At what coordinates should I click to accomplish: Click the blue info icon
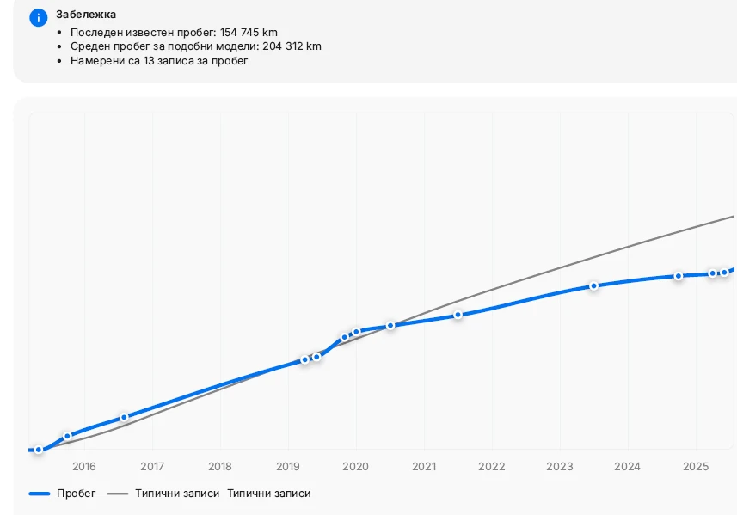(38, 18)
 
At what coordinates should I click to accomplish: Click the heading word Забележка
(86, 15)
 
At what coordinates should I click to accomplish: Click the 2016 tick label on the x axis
(84, 467)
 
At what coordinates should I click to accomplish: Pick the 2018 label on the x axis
(220, 467)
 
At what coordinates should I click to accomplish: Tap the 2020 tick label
(356, 467)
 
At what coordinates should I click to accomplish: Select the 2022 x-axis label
(492, 467)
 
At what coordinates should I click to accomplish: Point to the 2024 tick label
(628, 467)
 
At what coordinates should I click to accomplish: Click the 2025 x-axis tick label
(695, 467)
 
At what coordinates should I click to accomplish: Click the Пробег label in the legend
(77, 494)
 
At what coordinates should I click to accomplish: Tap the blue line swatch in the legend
(40, 494)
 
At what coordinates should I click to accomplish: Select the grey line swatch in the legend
(118, 494)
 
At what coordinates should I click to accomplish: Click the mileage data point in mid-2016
(124, 417)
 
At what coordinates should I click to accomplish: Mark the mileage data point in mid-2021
(458, 315)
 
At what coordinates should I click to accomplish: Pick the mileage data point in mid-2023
(593, 285)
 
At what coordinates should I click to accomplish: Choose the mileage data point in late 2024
(679, 276)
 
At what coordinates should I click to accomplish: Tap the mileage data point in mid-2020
(390, 326)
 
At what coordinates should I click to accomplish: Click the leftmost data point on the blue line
(39, 450)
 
